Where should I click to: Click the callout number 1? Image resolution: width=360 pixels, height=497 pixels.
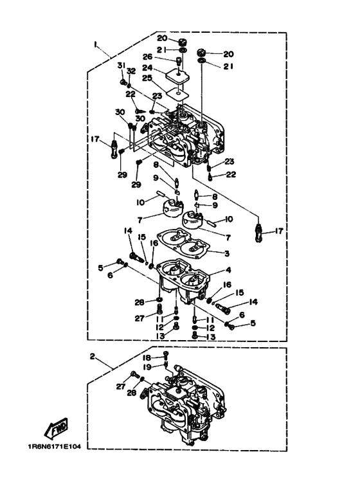94,44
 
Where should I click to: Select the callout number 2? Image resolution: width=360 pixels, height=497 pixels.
92,357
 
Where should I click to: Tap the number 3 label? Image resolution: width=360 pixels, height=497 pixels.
226,253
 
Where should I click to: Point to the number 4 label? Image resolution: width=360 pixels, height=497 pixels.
228,270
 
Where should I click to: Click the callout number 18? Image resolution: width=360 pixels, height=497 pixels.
147,357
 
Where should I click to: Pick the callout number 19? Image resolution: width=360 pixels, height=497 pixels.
147,367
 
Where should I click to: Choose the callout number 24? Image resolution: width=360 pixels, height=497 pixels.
147,68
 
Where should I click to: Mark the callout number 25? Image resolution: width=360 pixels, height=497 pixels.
147,78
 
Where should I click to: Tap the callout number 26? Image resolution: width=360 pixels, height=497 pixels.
147,57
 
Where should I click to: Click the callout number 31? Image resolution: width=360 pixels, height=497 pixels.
122,66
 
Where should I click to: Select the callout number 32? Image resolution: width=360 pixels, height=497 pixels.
131,71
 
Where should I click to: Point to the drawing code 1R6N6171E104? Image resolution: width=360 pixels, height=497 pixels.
54,447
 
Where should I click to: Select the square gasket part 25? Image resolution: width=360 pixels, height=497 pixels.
177,94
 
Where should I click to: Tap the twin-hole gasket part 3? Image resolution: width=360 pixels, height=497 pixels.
184,244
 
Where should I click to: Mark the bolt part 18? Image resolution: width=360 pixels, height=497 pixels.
165,356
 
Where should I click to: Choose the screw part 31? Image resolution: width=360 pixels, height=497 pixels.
123,82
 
